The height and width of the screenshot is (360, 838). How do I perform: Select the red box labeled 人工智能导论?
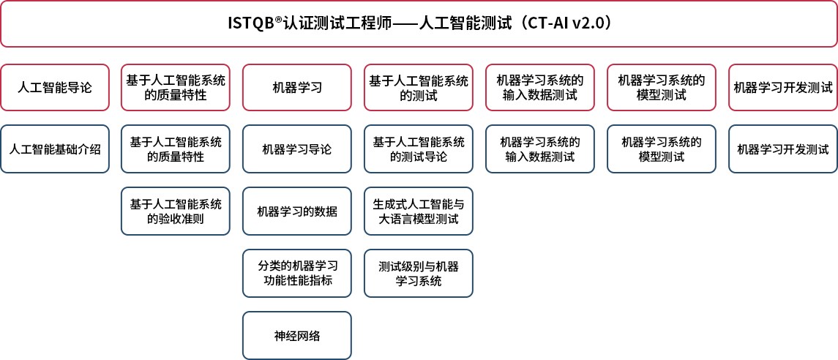pos(55,88)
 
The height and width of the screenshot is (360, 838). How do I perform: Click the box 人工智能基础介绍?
pos(55,149)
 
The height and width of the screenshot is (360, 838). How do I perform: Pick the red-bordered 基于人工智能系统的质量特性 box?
pos(176,88)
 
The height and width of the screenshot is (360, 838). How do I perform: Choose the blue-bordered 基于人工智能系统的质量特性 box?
pos(176,149)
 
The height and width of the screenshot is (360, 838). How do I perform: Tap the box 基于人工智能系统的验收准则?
pos(176,211)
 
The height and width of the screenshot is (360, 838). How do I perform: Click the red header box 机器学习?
pos(297,88)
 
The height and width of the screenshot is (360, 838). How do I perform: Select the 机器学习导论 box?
pos(297,149)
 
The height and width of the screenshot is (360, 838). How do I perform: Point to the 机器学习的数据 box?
pos(297,211)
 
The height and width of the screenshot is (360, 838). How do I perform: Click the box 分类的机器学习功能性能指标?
pos(297,273)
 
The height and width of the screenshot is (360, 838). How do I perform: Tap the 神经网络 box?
pos(297,335)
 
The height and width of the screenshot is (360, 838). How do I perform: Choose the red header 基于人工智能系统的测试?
pos(419,88)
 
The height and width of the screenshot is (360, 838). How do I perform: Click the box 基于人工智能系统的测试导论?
pos(419,149)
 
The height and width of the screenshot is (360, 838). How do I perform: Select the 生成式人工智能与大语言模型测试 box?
pos(419,211)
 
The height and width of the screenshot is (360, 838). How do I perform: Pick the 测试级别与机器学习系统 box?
pos(419,273)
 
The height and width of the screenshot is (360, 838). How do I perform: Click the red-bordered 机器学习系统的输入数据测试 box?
pos(540,88)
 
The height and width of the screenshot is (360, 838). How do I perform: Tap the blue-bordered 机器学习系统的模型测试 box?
pos(662,149)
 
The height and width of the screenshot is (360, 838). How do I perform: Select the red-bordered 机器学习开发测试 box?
pos(783,88)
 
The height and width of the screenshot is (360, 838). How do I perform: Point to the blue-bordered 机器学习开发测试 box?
pos(783,149)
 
